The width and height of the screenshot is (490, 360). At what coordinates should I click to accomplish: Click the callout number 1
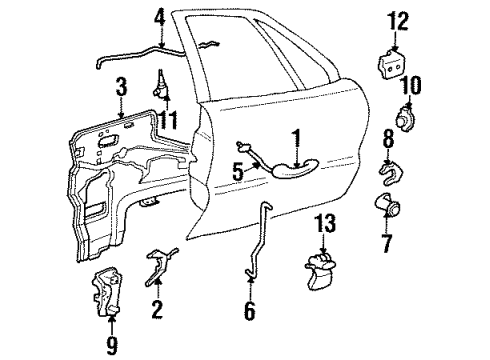(296, 136)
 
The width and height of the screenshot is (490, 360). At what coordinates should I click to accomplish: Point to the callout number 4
(160, 17)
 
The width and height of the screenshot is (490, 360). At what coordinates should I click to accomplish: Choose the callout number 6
(248, 311)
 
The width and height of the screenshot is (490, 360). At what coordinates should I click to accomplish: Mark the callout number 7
(388, 241)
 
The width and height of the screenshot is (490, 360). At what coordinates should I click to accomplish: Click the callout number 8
(388, 136)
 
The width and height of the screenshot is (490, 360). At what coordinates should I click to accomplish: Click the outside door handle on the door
(290, 170)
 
